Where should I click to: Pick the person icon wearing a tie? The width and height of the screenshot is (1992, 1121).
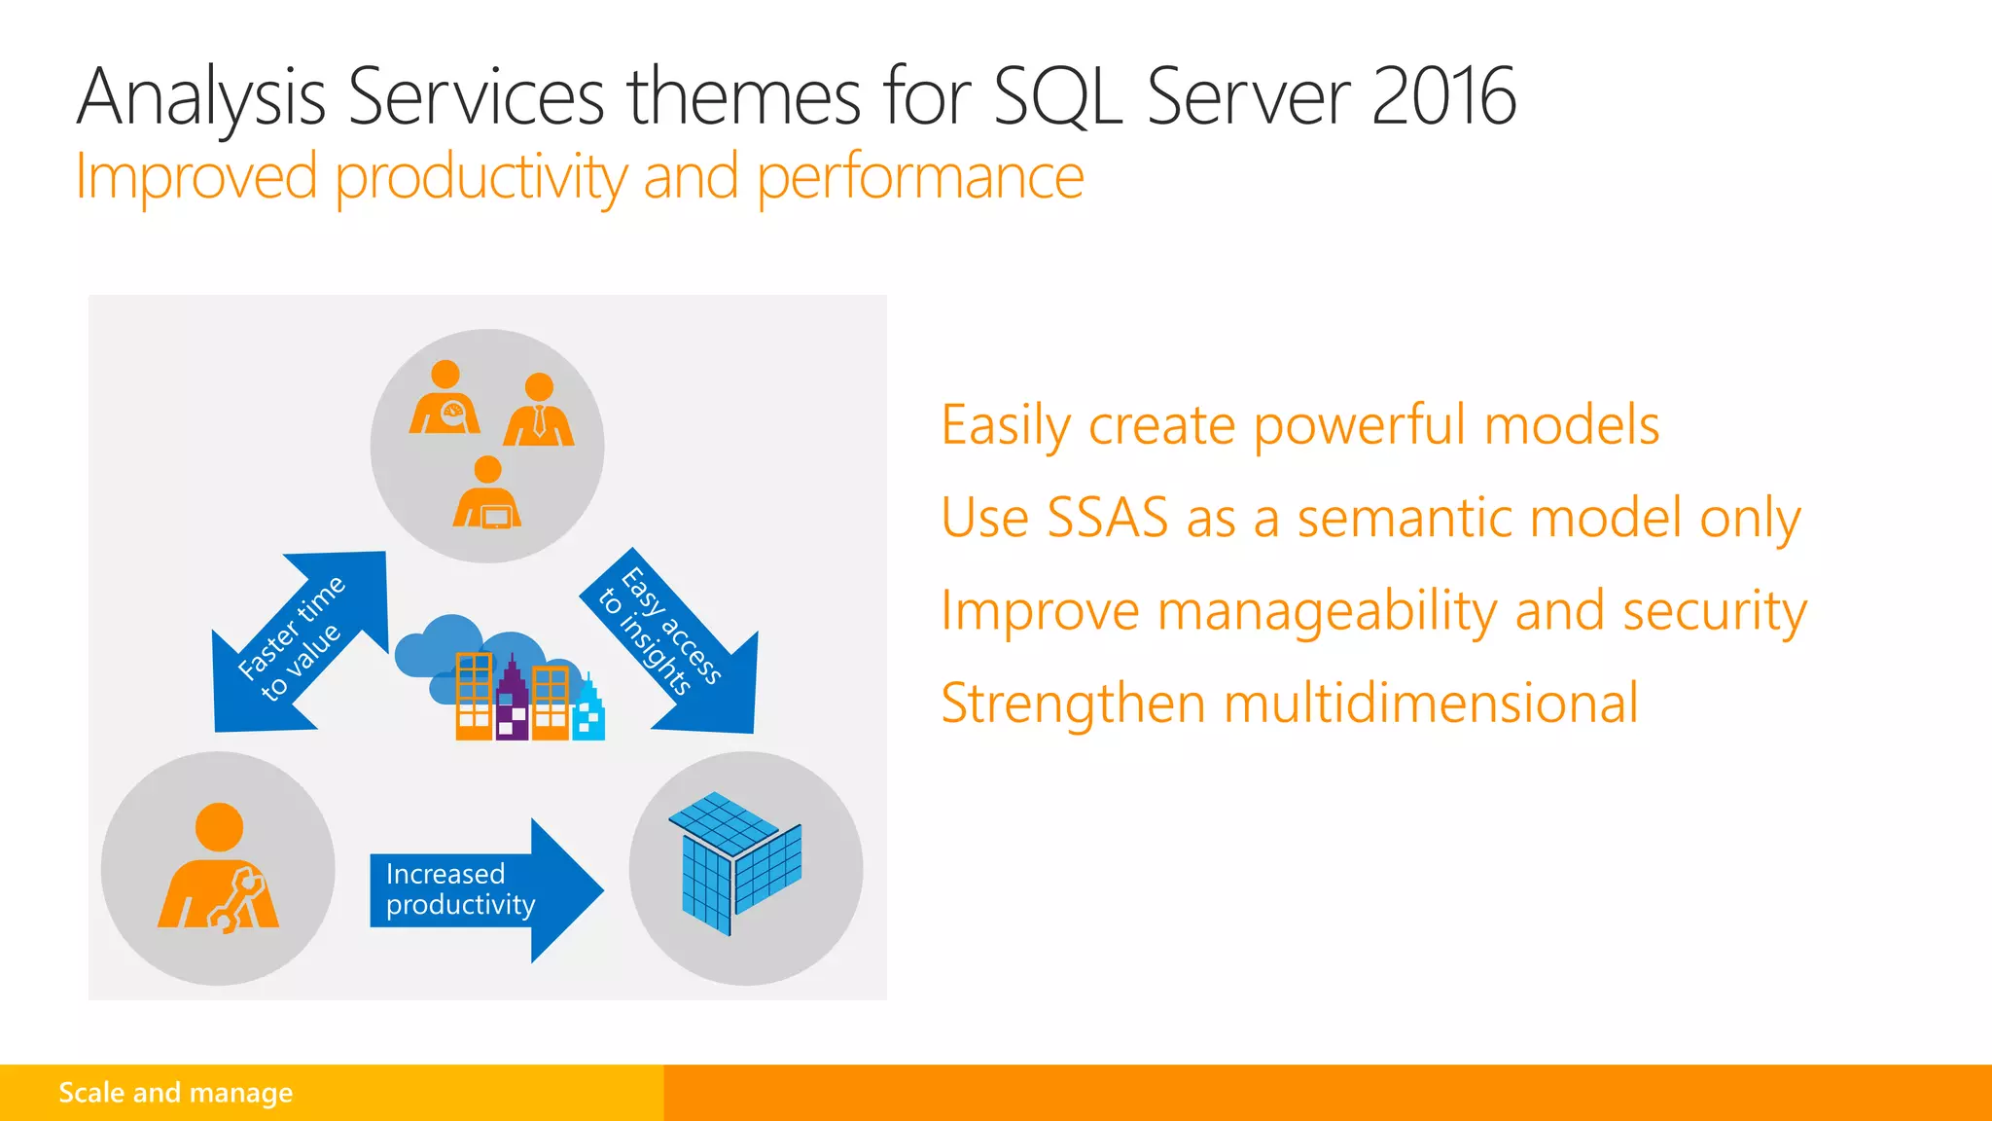[539, 411]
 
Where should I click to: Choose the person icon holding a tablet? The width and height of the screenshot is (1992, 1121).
[487, 493]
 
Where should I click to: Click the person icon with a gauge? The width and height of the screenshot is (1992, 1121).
[445, 399]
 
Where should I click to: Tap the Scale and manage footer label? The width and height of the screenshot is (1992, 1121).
[175, 1093]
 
